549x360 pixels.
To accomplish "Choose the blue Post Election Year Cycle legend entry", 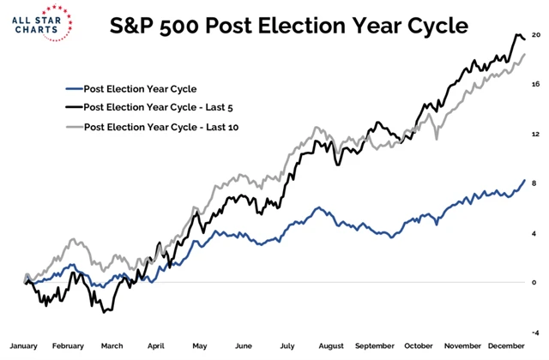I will pyautogui.click(x=129, y=87).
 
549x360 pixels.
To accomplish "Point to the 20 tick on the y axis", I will pyautogui.click(x=536, y=35).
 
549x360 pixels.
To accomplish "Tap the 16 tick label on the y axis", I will pyautogui.click(x=536, y=84).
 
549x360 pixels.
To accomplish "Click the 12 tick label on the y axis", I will pyautogui.click(x=536, y=134).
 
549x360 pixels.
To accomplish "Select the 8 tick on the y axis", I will pyautogui.click(x=536, y=183).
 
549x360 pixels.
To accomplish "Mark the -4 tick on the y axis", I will pyautogui.click(x=536, y=332).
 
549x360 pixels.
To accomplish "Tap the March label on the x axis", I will pyautogui.click(x=112, y=345).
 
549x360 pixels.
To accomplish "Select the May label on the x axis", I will pyautogui.click(x=200, y=345).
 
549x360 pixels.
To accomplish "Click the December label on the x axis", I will pyautogui.click(x=506, y=345).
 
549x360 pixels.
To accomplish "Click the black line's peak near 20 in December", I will pyautogui.click(x=517, y=35).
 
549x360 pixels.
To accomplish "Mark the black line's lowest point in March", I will pyautogui.click(x=105, y=312).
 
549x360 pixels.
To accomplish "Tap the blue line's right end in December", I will pyautogui.click(x=525, y=180).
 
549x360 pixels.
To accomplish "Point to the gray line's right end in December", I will pyautogui.click(x=525, y=54).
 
